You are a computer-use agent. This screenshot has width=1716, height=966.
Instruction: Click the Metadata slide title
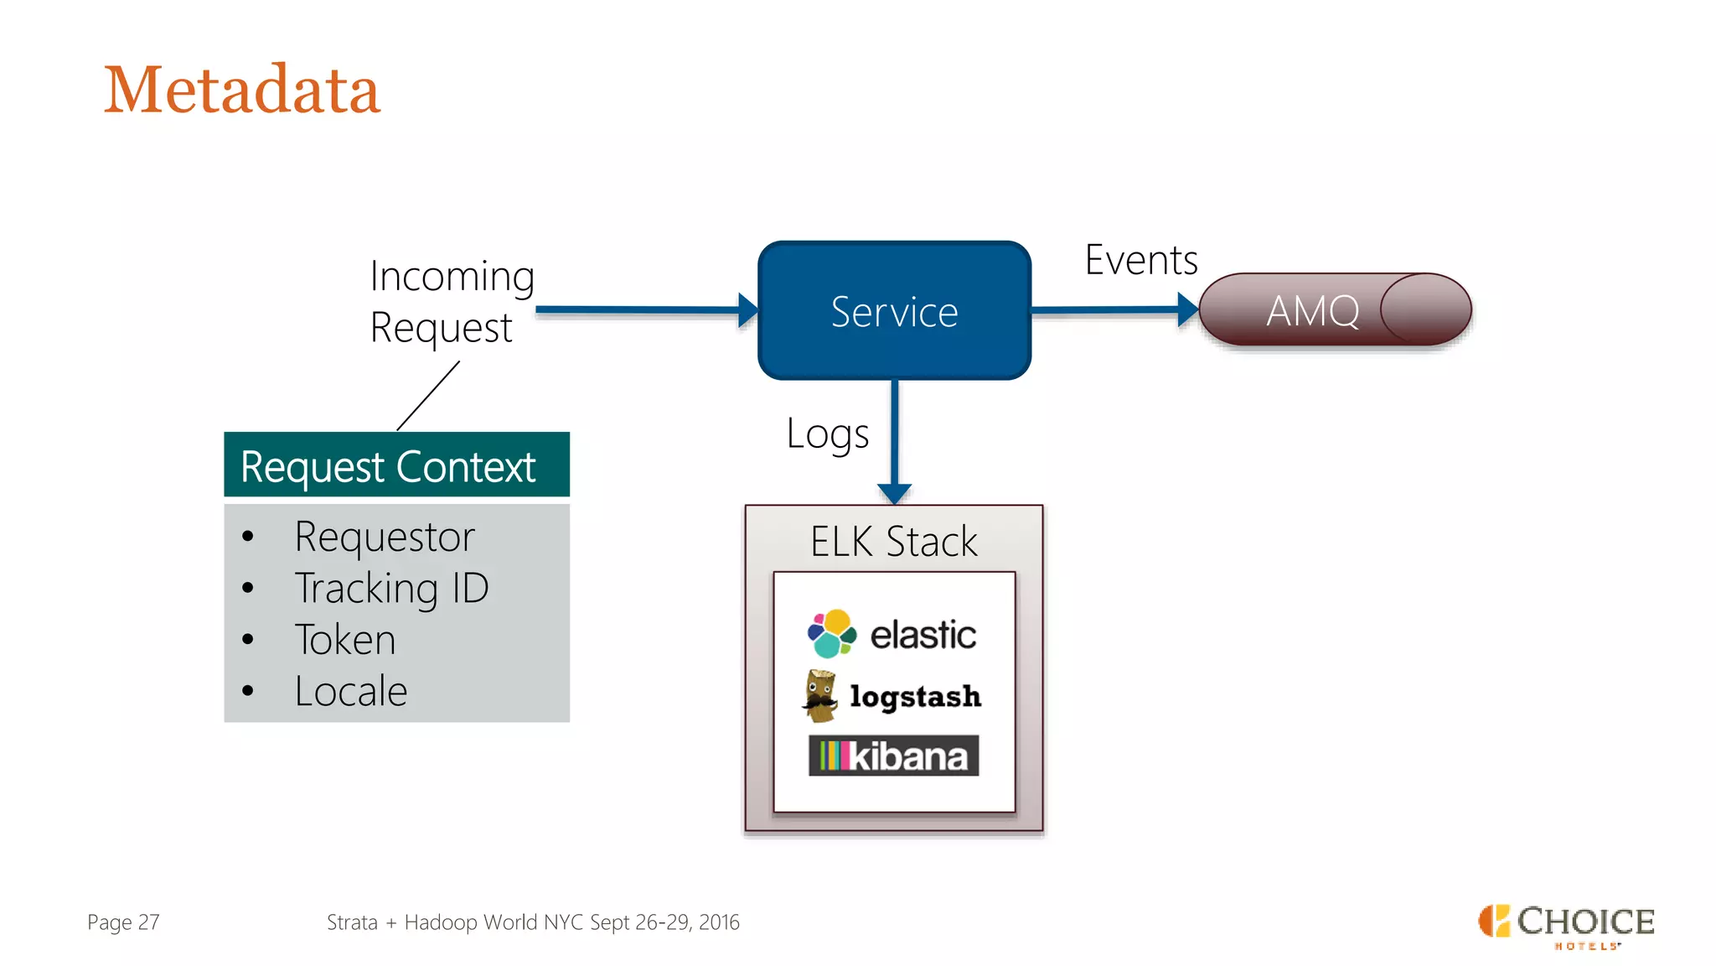point(241,90)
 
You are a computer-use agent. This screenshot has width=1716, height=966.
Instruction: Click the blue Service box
point(894,311)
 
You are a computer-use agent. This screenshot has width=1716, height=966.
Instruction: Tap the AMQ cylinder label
point(1312,311)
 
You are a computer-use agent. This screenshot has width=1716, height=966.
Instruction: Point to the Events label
point(1140,260)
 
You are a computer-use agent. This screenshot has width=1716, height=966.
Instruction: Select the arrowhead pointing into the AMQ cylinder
point(1187,309)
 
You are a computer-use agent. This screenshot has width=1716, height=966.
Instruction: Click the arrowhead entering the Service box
point(748,310)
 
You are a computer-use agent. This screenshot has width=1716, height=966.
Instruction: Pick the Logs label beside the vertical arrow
point(827,434)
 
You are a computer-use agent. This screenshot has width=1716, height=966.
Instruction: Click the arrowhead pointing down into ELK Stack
point(894,493)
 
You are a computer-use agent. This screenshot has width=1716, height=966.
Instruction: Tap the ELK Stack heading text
point(893,542)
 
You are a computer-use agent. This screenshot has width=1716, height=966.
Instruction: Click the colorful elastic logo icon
point(831,634)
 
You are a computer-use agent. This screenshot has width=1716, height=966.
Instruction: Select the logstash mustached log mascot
point(820,695)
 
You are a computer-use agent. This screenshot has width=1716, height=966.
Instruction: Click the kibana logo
point(893,756)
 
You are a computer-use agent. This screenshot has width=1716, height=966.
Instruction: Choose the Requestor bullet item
point(385,537)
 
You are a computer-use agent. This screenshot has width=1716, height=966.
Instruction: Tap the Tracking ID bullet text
point(391,588)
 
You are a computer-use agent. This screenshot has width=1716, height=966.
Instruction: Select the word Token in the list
point(345,640)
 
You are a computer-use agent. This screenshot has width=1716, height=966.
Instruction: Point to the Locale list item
point(351,691)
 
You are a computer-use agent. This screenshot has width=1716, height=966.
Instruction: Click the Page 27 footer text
point(123,922)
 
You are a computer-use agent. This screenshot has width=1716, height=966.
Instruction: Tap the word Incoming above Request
point(452,277)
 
